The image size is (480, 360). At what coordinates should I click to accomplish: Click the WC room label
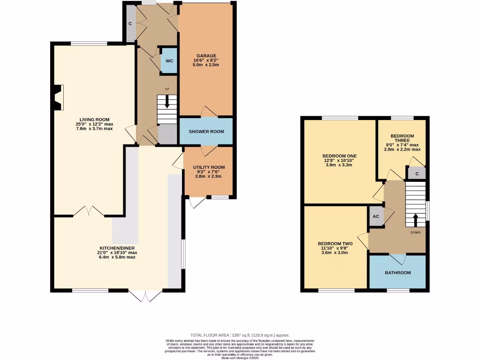point(169,61)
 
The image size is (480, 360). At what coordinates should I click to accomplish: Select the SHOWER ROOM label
point(206,132)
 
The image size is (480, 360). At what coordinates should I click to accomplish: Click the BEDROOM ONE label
point(339,156)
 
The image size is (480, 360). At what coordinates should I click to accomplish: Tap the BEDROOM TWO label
point(335,243)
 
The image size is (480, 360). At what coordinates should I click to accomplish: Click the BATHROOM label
point(397,273)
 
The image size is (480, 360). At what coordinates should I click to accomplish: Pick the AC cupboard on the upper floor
point(375,217)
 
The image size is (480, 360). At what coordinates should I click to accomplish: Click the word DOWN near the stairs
point(415,232)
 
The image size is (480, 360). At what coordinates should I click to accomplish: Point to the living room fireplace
point(58,97)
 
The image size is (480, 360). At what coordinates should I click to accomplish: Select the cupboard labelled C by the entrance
point(130,23)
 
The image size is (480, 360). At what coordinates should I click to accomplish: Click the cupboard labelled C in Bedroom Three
point(417,173)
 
